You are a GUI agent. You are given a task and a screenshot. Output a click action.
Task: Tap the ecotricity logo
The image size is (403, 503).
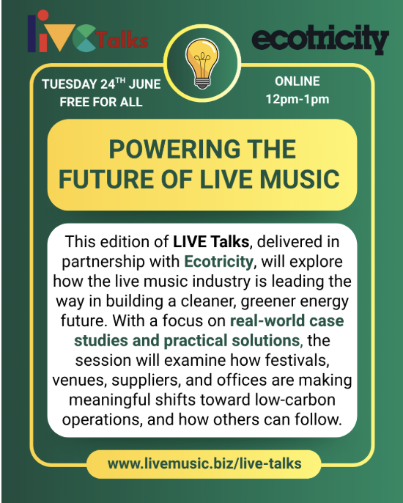tap(319, 38)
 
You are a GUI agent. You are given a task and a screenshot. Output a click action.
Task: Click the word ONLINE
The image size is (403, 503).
tap(297, 81)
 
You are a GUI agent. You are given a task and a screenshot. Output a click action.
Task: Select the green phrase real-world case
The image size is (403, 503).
tap(286, 320)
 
